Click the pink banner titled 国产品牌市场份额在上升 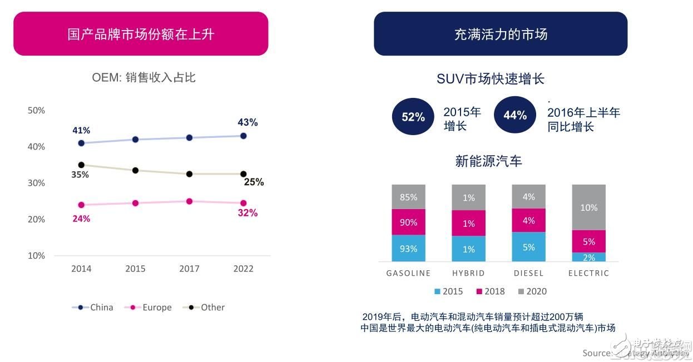141,34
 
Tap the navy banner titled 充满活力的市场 501,34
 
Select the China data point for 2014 81,143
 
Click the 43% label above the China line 247,122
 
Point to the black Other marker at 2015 135,170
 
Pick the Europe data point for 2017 189,201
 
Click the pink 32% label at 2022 247,213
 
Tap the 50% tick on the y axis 36,110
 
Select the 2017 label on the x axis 189,269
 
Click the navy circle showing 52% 413,117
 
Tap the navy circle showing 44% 514,115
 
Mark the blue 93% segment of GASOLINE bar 408,249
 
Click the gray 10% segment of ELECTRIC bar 588,207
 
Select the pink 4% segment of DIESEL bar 528,220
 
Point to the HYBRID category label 468,273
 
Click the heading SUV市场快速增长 490,79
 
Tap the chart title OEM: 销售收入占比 143,78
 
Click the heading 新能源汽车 488,161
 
